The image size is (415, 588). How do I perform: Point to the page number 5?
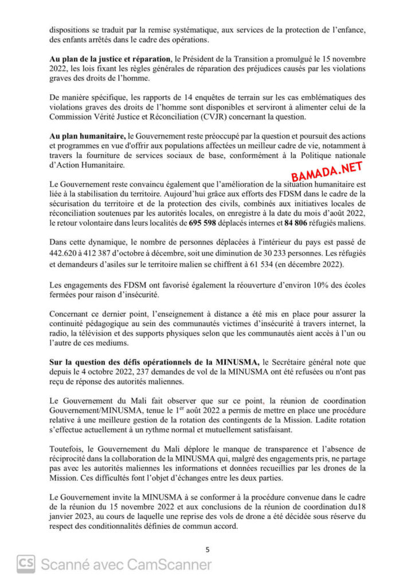click(x=207, y=549)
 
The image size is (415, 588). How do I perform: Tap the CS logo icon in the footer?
click(x=26, y=564)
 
